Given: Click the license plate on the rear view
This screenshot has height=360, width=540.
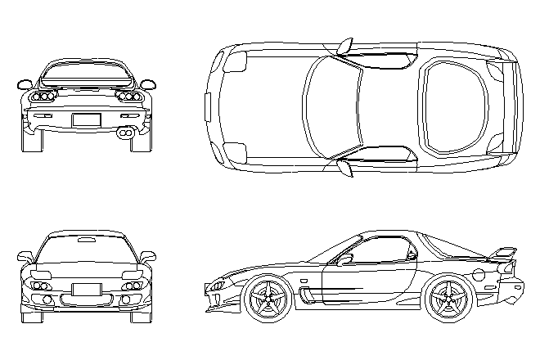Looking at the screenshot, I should point(85,120).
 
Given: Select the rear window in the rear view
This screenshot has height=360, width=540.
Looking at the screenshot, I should point(86,76).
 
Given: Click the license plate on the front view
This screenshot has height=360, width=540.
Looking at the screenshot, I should point(86,289).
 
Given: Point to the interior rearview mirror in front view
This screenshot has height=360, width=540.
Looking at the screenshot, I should point(85,240).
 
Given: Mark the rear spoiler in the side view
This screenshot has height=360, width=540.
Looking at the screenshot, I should point(504,254).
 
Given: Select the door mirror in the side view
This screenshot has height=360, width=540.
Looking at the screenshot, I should point(345,259).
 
